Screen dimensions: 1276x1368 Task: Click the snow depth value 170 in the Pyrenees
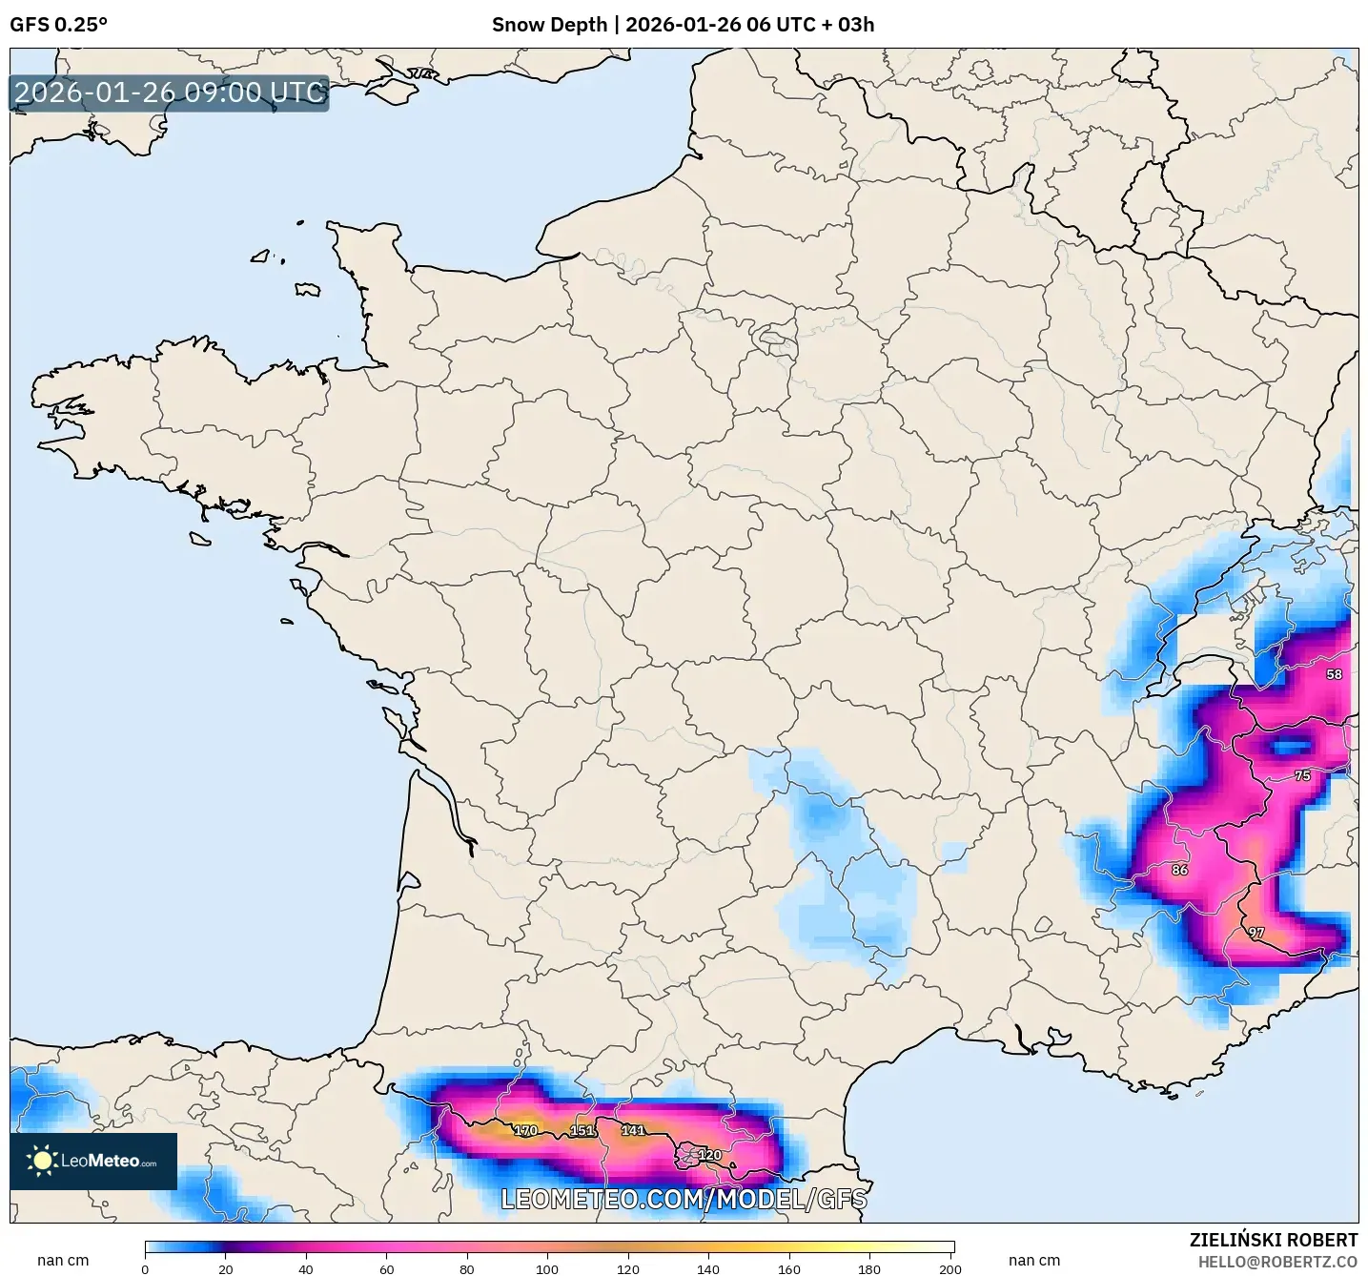(525, 1130)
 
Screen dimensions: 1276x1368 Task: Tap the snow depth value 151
(582, 1130)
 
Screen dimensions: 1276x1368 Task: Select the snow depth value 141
(633, 1130)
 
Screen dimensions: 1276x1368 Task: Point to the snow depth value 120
(709, 1155)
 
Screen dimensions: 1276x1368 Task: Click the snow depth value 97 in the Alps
(1256, 933)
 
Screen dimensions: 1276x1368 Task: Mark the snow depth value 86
(1179, 870)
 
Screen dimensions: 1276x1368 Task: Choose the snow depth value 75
(1302, 775)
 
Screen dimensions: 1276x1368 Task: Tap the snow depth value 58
(1334, 674)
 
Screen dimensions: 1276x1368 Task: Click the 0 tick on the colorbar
(145, 1268)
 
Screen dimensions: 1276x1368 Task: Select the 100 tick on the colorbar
(547, 1268)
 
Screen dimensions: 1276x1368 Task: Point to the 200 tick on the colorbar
(949, 1268)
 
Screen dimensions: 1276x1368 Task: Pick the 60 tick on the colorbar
(386, 1268)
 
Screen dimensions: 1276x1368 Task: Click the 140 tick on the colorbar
(708, 1268)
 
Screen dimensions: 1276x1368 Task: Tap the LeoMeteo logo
(93, 1161)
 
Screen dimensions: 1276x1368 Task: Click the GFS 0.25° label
(58, 25)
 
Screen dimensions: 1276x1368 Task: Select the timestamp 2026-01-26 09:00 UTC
(170, 93)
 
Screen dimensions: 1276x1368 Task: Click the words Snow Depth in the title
(549, 25)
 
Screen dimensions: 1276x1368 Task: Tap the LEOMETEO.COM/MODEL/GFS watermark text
(684, 1199)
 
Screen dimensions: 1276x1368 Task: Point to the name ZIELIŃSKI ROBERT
(1273, 1240)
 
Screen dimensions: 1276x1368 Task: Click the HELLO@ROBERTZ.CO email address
(1276, 1262)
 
